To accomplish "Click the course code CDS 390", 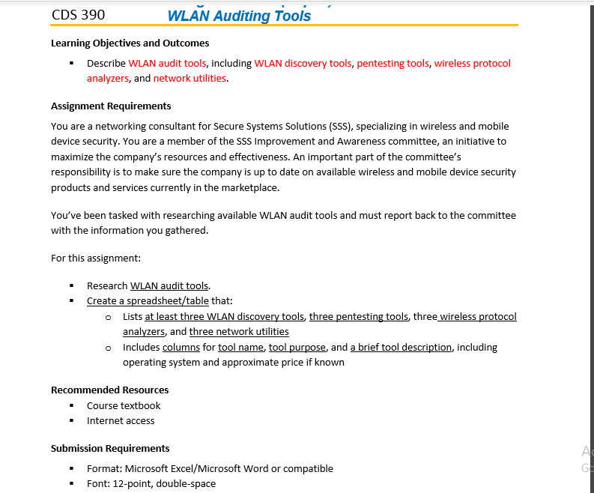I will click(x=78, y=15).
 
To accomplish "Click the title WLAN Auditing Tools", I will click(x=239, y=16).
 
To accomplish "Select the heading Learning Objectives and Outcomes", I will click(x=130, y=43).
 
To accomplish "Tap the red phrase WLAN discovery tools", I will click(x=303, y=64).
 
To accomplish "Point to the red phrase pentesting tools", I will click(x=393, y=64).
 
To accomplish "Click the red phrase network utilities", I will click(x=190, y=79).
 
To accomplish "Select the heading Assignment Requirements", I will click(x=111, y=106).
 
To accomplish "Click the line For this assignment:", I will click(x=96, y=258).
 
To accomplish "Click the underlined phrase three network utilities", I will click(x=239, y=332).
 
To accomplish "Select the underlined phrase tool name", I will click(x=240, y=348).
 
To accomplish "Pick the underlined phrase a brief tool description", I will click(x=401, y=348).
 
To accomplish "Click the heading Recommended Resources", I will click(x=109, y=390).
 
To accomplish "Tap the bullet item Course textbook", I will click(x=124, y=406).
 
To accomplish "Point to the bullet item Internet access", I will click(x=121, y=421).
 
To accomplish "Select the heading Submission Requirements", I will click(x=110, y=449).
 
